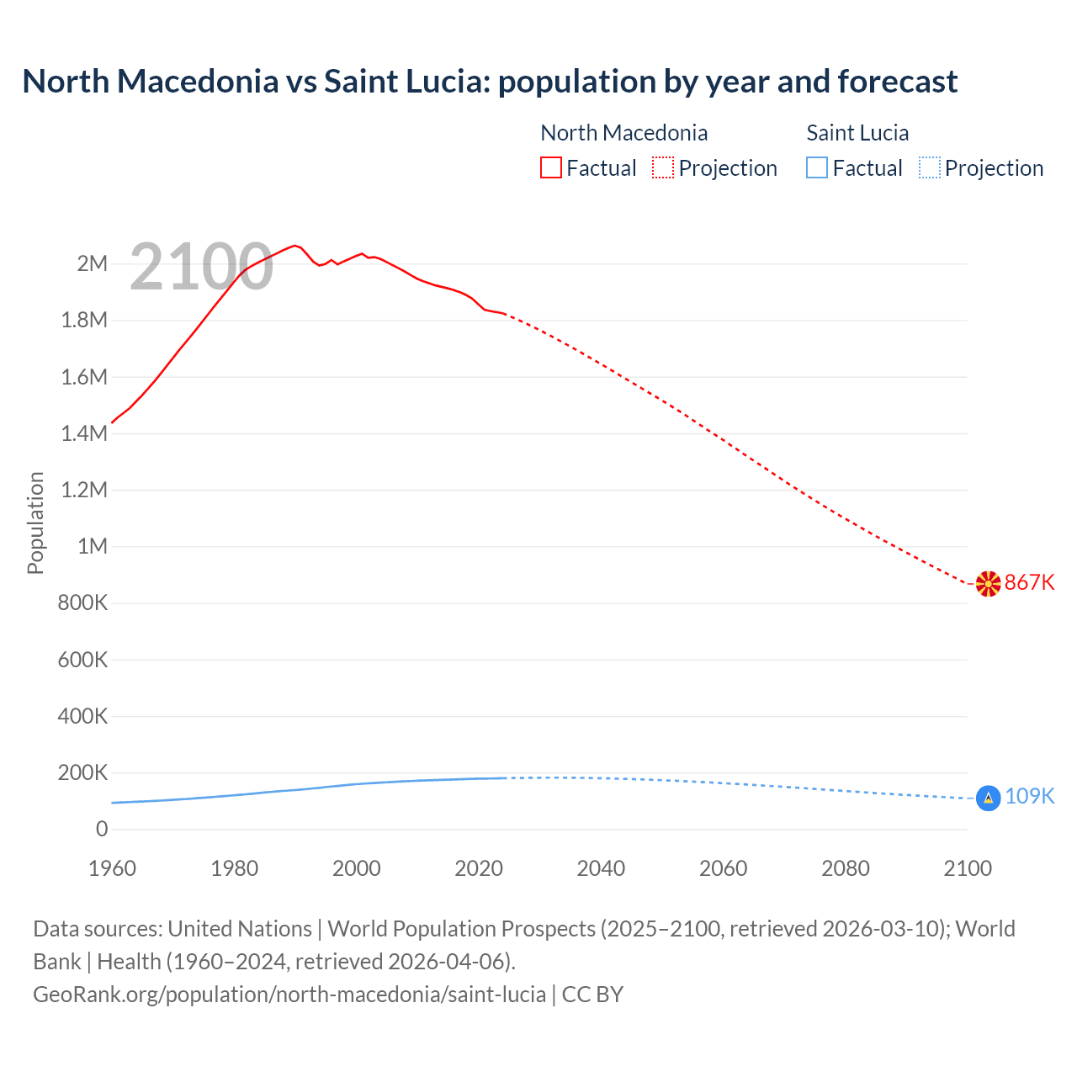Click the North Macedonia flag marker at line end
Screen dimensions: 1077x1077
pyautogui.click(x=988, y=583)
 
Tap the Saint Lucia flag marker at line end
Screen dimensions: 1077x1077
pyautogui.click(x=988, y=798)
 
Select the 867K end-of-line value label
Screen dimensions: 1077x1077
pyautogui.click(x=1030, y=582)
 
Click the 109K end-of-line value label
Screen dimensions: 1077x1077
pyautogui.click(x=1030, y=796)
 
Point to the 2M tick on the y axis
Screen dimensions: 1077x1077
pyautogui.click(x=93, y=263)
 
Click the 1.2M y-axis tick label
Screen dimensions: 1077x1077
pyautogui.click(x=84, y=490)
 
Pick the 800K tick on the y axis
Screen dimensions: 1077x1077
pyautogui.click(x=82, y=602)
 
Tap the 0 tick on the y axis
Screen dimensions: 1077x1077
pyautogui.click(x=102, y=829)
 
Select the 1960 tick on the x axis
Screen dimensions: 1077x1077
pyautogui.click(x=112, y=868)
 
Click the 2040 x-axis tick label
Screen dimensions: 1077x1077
pyautogui.click(x=601, y=868)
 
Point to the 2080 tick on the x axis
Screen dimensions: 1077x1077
pyautogui.click(x=845, y=868)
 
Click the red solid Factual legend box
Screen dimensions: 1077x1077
pyautogui.click(x=551, y=167)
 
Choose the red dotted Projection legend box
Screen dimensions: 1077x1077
pyautogui.click(x=663, y=167)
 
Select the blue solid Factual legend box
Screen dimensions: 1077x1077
pyautogui.click(x=817, y=167)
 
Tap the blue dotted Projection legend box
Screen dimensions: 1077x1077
pyautogui.click(x=930, y=167)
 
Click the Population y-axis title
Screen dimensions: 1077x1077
pyautogui.click(x=35, y=523)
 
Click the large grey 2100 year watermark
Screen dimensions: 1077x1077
pyautogui.click(x=202, y=267)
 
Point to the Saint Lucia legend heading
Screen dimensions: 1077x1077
pyautogui.click(x=857, y=133)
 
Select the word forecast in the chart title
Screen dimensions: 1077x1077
pyautogui.click(x=897, y=82)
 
